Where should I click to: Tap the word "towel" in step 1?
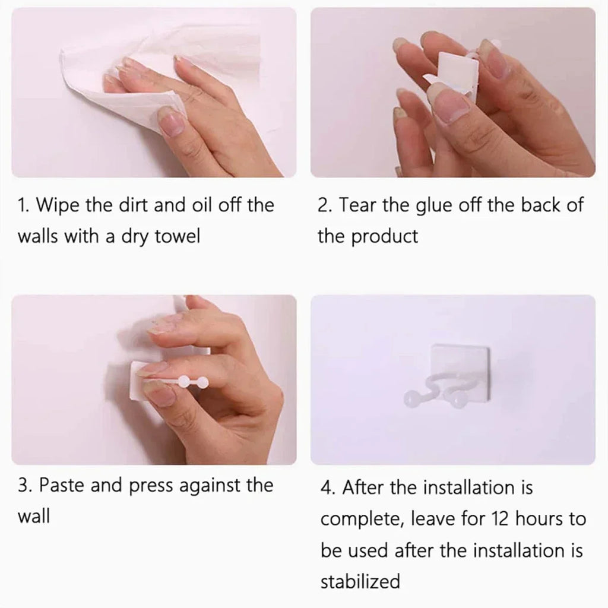pyautogui.click(x=177, y=236)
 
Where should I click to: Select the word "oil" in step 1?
pyautogui.click(x=202, y=204)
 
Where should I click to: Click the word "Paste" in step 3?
pyautogui.click(x=61, y=485)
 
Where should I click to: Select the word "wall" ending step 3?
pyautogui.click(x=34, y=516)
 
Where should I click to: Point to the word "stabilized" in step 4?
pyautogui.click(x=360, y=581)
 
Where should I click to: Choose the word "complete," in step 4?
pyautogui.click(x=362, y=519)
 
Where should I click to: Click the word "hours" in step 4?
pyautogui.click(x=539, y=518)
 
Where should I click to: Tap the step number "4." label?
pyautogui.click(x=328, y=487)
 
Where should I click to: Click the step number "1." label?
pyautogui.click(x=23, y=205)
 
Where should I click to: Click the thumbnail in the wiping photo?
pyautogui.click(x=171, y=121)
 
